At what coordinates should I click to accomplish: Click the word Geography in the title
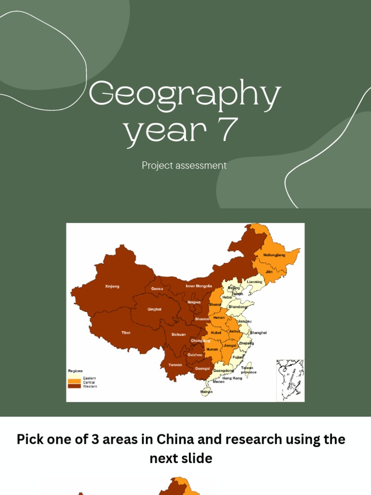(185, 96)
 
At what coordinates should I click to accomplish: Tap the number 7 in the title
(228, 129)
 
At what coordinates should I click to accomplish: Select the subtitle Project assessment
(184, 165)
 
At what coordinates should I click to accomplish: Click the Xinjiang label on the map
(112, 286)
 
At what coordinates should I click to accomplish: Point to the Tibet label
(126, 333)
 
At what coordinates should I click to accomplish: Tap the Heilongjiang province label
(274, 255)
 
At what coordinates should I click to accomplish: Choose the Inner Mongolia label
(199, 286)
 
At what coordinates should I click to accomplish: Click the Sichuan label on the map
(178, 335)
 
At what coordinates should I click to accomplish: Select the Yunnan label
(175, 365)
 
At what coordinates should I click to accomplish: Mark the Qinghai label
(155, 309)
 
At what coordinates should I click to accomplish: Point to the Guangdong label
(224, 371)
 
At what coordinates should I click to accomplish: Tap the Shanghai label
(258, 333)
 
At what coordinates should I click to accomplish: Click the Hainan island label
(206, 392)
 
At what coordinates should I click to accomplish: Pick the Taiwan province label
(248, 370)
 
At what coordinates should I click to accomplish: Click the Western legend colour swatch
(74, 386)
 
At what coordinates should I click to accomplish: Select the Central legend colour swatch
(74, 382)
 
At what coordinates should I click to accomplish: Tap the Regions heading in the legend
(75, 371)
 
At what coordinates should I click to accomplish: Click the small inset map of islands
(290, 380)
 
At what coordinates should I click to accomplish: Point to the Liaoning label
(255, 282)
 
